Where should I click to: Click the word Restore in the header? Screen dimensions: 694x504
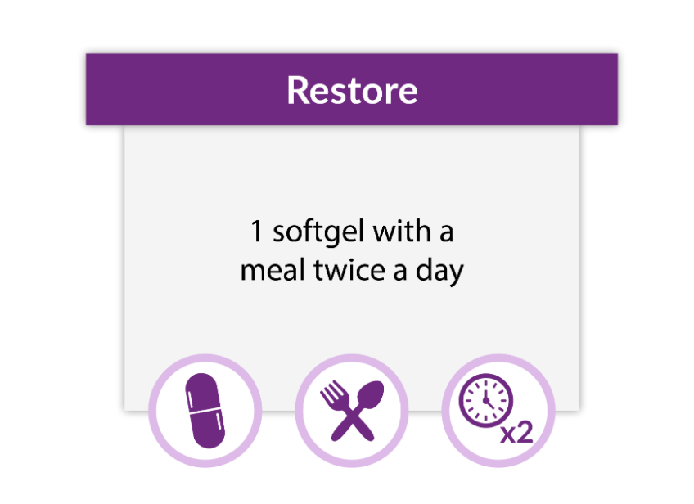tap(352, 90)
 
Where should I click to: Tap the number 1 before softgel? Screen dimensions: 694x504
tap(256, 231)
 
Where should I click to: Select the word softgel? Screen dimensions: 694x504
tap(318, 232)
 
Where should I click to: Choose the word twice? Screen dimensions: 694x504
tap(349, 270)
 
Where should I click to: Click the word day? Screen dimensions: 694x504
tap(439, 272)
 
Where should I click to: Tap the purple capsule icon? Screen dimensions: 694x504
tap(205, 411)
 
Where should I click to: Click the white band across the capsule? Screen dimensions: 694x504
tap(205, 412)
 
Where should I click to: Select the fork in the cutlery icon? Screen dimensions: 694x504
tap(348, 411)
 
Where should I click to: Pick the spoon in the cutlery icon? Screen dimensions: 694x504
tap(358, 411)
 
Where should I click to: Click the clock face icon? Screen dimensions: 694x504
tap(486, 401)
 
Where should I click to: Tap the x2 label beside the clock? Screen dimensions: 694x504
tap(516, 432)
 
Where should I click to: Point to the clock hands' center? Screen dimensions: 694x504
tap(486, 400)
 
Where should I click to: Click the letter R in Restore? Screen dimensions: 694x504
tap(297, 90)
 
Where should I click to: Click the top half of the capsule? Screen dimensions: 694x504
tap(203, 392)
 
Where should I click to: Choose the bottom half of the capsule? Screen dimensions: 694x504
tap(208, 430)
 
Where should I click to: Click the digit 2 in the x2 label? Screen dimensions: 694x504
tap(525, 432)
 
